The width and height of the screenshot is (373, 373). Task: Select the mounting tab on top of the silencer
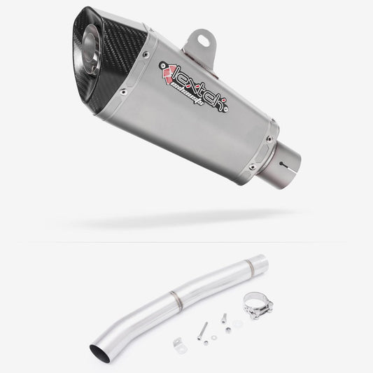[x=198, y=40]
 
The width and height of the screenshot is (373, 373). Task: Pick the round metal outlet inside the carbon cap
[x=93, y=31]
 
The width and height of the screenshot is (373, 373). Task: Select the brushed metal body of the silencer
[x=210, y=126]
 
